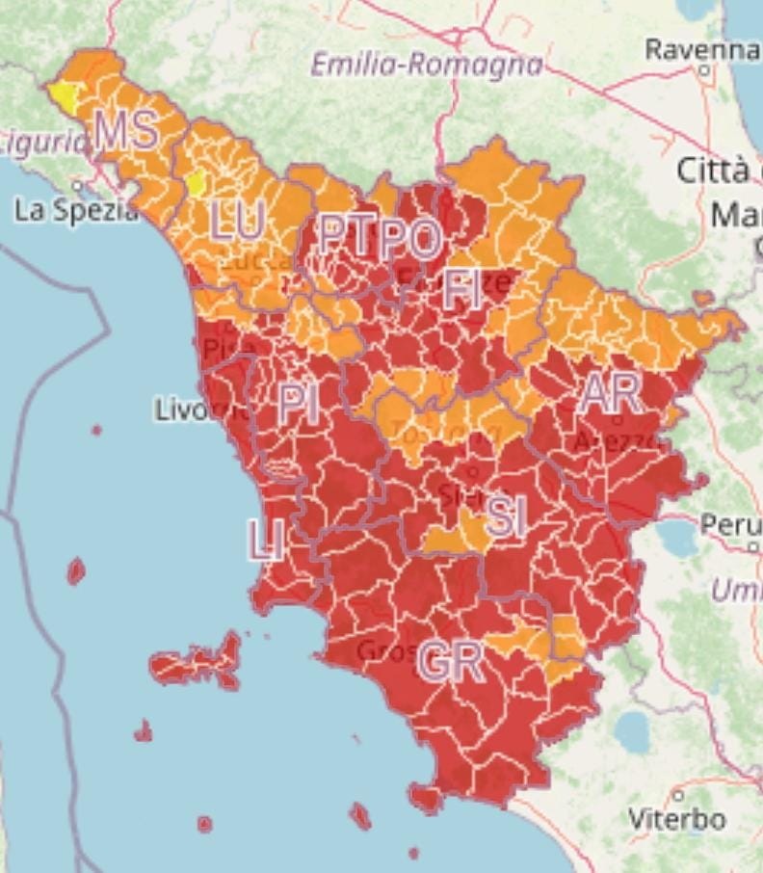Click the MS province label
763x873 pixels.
pyautogui.click(x=126, y=131)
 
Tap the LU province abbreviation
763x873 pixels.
pyautogui.click(x=237, y=224)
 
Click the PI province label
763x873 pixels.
pyautogui.click(x=299, y=404)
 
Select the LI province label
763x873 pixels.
pyautogui.click(x=265, y=541)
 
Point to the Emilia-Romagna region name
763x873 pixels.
pyautogui.click(x=427, y=66)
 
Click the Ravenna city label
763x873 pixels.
pyautogui.click(x=702, y=49)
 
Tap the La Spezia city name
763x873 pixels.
pyautogui.click(x=76, y=211)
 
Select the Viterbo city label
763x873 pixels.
pyautogui.click(x=677, y=820)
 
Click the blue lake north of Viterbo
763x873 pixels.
pyautogui.click(x=633, y=732)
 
